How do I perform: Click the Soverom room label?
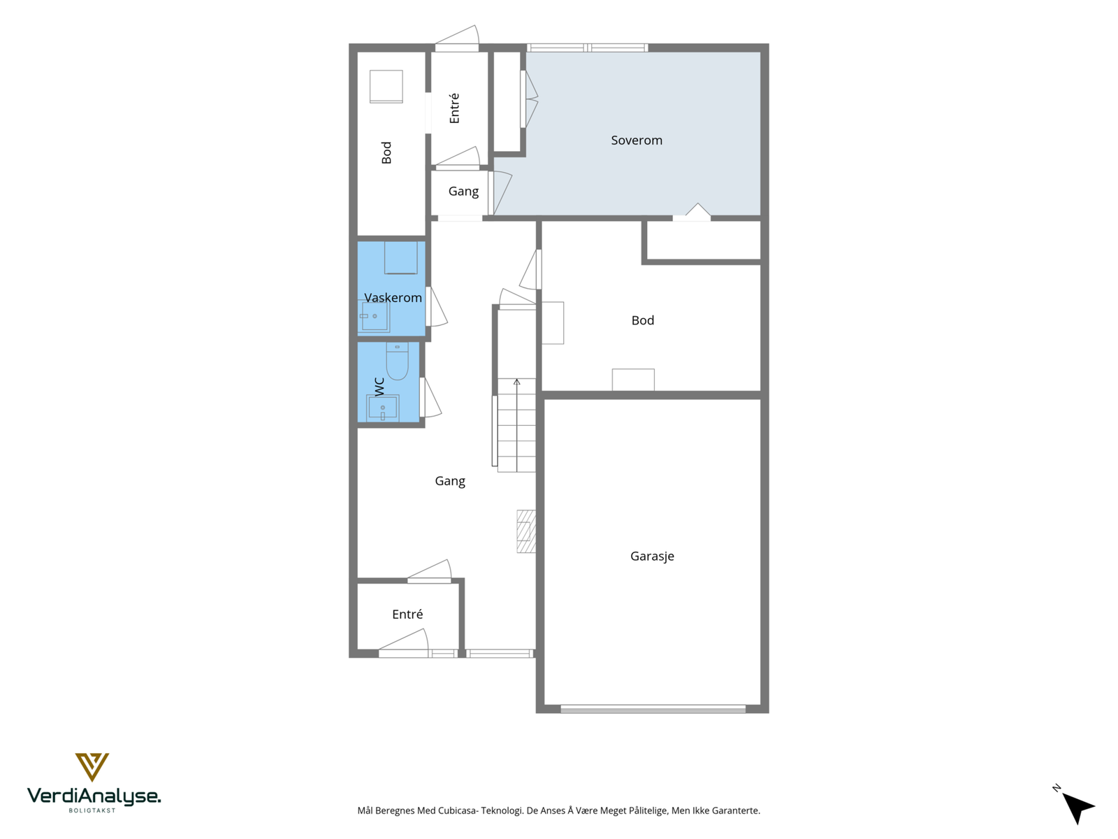(636, 140)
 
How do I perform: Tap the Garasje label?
(652, 557)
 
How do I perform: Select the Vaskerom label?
(393, 298)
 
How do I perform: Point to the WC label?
(379, 386)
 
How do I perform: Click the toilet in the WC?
(398, 361)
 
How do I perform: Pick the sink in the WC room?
(382, 408)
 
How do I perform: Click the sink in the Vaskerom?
(375, 316)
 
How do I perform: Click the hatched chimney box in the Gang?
(526, 531)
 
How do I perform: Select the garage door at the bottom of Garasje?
(653, 708)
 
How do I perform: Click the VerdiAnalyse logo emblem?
(92, 767)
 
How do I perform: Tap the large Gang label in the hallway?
(450, 482)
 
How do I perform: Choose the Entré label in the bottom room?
(407, 615)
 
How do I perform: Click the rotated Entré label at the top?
(454, 108)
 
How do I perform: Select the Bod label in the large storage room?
(643, 320)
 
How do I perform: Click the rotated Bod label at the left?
(386, 153)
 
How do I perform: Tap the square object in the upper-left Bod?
(386, 87)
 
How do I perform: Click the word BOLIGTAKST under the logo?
(92, 810)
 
